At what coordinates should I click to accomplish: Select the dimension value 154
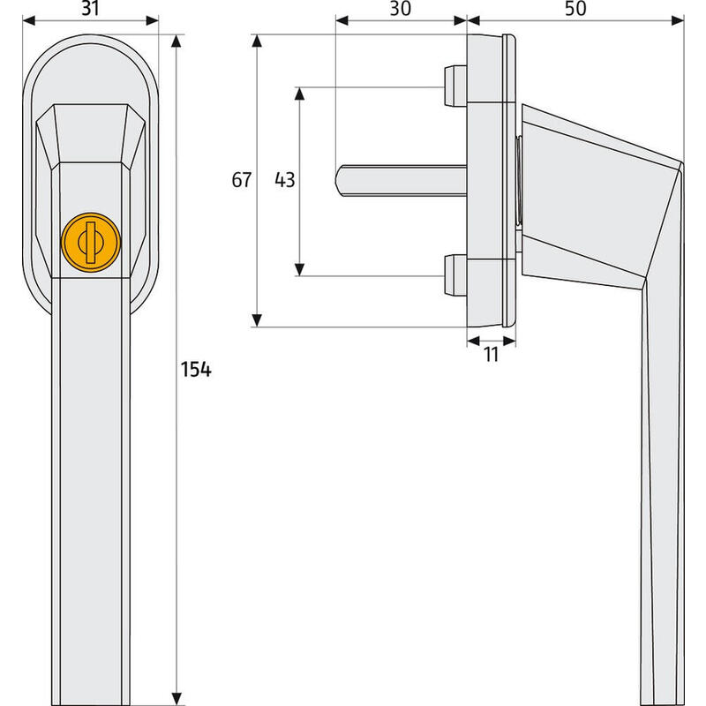click(x=196, y=370)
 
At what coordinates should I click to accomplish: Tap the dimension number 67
click(x=242, y=181)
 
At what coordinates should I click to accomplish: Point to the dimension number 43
click(x=284, y=181)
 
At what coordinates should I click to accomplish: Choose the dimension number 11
click(x=491, y=355)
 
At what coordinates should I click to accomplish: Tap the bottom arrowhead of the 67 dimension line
click(x=258, y=320)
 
